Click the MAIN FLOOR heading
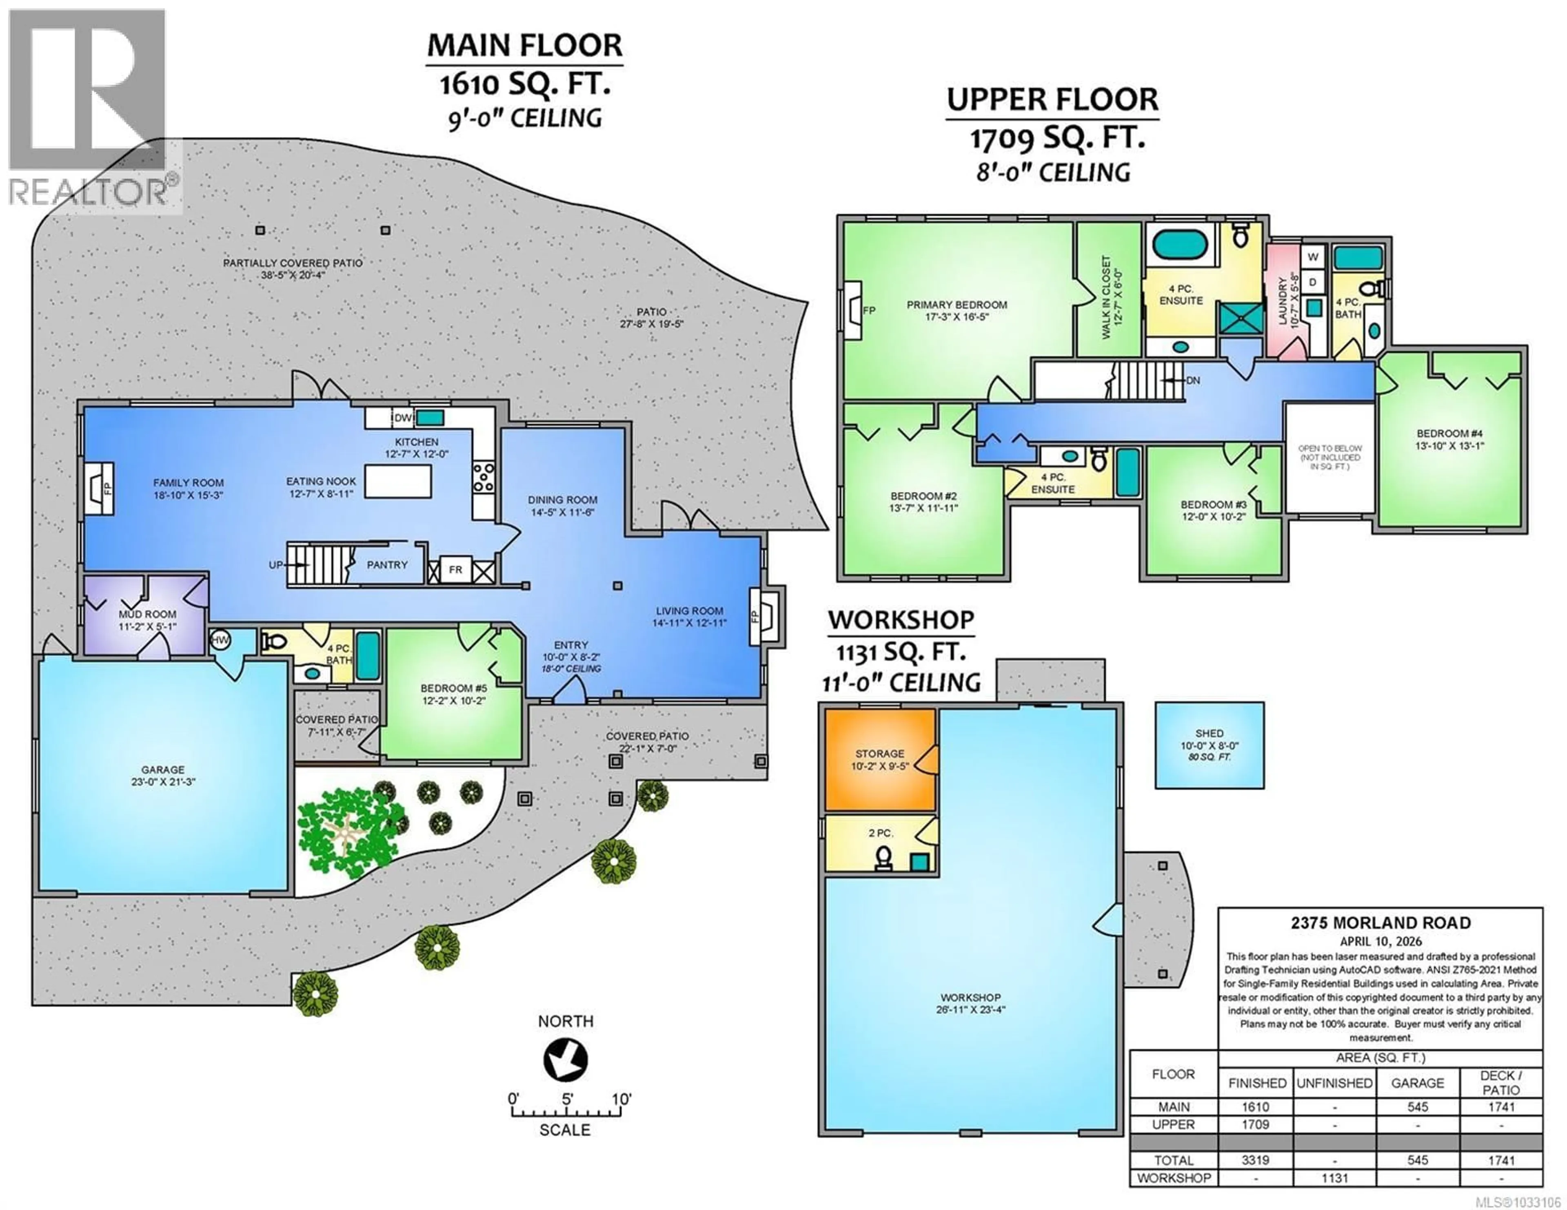click(x=524, y=46)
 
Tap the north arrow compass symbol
click(x=565, y=1060)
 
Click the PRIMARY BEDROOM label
click(x=957, y=305)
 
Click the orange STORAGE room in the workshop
click(x=880, y=759)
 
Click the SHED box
click(x=1209, y=745)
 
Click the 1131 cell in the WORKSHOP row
click(x=1334, y=1178)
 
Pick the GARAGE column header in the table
click(x=1417, y=1083)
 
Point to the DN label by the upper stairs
click(x=1192, y=381)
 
